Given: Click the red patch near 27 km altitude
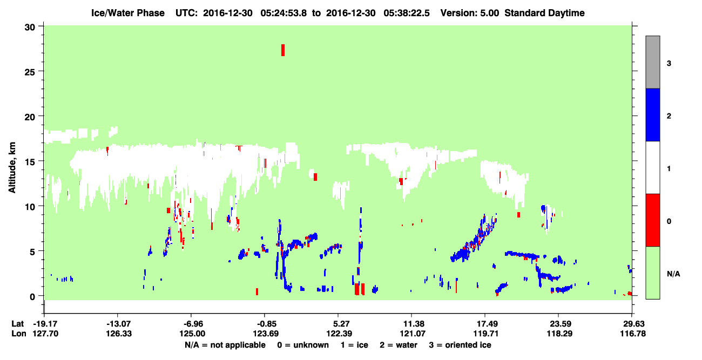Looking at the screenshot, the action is [x=282, y=50].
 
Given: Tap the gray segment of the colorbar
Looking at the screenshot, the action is [x=652, y=62].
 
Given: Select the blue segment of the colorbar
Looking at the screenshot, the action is [x=652, y=114].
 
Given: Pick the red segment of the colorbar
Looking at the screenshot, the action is [x=652, y=220].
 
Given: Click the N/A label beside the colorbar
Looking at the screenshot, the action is [x=673, y=274].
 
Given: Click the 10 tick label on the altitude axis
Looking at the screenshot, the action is [x=30, y=207].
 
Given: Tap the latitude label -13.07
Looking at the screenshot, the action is [x=118, y=324].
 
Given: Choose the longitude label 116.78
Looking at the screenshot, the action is [x=633, y=334].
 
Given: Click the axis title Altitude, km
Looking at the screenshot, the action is [x=12, y=167].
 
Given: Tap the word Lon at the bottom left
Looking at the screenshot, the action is [x=19, y=334].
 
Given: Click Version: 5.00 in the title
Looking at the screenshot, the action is [x=470, y=13].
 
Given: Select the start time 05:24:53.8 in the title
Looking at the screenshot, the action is [x=283, y=13].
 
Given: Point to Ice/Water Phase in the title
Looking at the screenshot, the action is [x=128, y=13].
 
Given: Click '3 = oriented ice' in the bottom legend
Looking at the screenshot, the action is [x=460, y=345].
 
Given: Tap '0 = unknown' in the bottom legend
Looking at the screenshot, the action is [x=303, y=345].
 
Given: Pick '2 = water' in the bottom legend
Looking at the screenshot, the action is [x=399, y=345].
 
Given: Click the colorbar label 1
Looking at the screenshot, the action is [x=669, y=169].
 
